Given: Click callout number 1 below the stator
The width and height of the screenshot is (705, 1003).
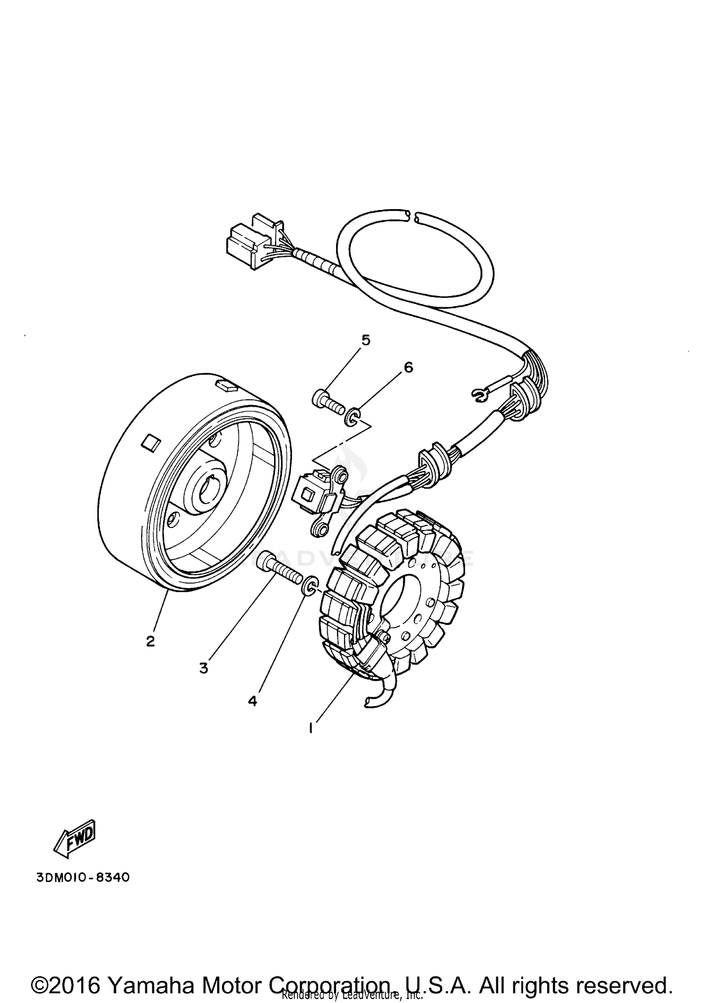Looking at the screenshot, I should tap(311, 729).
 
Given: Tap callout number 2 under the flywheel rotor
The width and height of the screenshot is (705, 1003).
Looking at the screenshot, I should tap(150, 641).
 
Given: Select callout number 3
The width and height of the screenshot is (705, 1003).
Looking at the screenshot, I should tap(204, 668).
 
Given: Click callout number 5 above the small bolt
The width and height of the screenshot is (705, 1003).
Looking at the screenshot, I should tap(366, 340).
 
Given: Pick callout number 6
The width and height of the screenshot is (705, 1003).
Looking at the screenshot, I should tap(408, 367).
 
